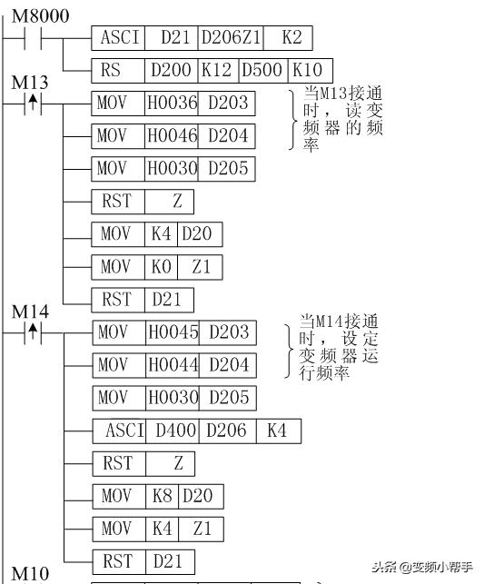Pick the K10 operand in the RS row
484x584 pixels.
[x=310, y=71]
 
